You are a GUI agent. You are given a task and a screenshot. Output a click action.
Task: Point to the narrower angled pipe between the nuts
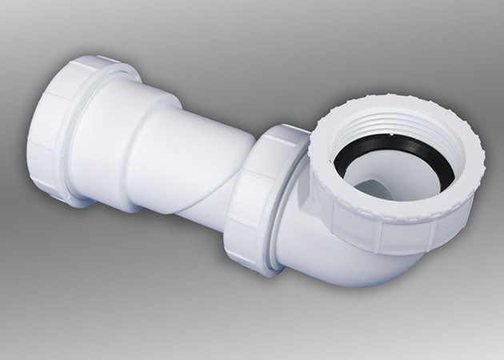coord(204,160)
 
